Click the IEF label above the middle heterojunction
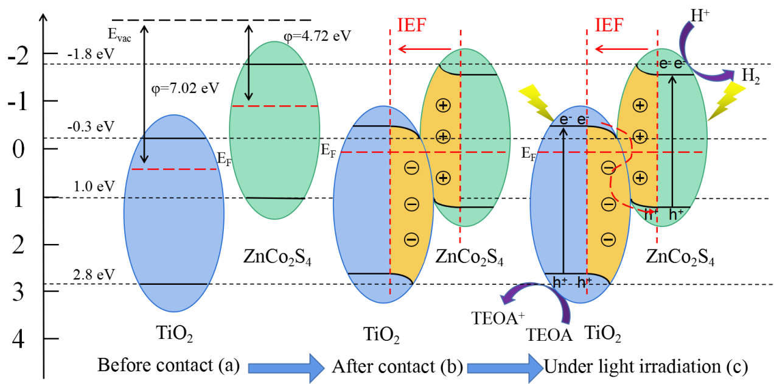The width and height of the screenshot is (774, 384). pyautogui.click(x=411, y=26)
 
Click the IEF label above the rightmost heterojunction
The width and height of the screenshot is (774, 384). pyautogui.click(x=608, y=26)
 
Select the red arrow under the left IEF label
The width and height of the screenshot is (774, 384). pyautogui.click(x=424, y=49)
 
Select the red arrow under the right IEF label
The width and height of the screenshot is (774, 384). pyautogui.click(x=621, y=49)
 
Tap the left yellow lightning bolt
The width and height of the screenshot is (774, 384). pyautogui.click(x=536, y=102)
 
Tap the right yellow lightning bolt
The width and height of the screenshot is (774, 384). pyautogui.click(x=727, y=99)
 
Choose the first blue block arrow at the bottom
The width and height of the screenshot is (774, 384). pyautogui.click(x=286, y=368)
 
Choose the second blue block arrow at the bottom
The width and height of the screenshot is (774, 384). pyautogui.click(x=505, y=368)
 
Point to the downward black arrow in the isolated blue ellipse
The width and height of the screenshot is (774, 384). pyautogui.click(x=144, y=148)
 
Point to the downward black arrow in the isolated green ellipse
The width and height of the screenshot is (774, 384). pyautogui.click(x=248, y=79)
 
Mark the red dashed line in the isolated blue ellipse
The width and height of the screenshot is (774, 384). pyautogui.click(x=174, y=169)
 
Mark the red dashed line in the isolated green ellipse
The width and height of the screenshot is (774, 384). pyautogui.click(x=275, y=106)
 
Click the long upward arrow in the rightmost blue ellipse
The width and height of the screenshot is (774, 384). pyautogui.click(x=563, y=201)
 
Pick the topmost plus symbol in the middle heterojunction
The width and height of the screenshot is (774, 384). pyautogui.click(x=443, y=105)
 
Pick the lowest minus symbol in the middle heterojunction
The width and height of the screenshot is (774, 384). pyautogui.click(x=411, y=240)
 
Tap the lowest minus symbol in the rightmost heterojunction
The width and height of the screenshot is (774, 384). pyautogui.click(x=608, y=240)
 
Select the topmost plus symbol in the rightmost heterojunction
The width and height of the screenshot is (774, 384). pyautogui.click(x=640, y=105)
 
